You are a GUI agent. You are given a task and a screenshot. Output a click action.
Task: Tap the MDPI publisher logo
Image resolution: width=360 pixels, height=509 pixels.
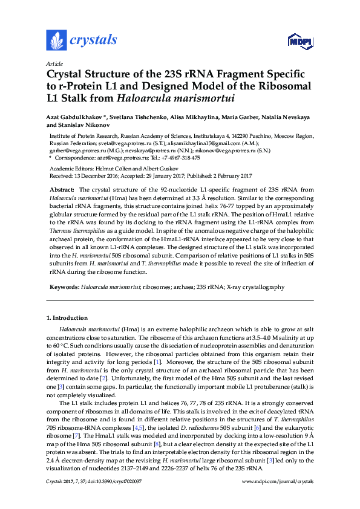(x=299, y=41)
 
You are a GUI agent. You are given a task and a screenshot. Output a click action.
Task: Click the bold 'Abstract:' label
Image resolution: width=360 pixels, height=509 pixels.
(x=62, y=190)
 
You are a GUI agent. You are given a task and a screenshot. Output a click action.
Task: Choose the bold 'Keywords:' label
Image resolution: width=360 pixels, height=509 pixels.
(x=64, y=286)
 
